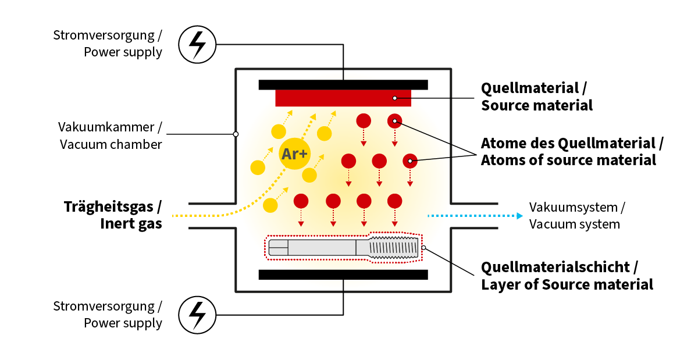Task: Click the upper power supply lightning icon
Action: pyautogui.click(x=198, y=44)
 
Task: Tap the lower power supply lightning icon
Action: pyautogui.click(x=198, y=315)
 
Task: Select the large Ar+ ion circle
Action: pyautogui.click(x=295, y=154)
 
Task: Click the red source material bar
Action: pyautogui.click(x=343, y=98)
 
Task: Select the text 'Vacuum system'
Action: pyautogui.click(x=574, y=224)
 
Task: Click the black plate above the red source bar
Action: pyautogui.click(x=343, y=85)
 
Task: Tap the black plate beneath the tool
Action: pyautogui.click(x=343, y=275)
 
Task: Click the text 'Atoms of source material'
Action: pyautogui.click(x=568, y=160)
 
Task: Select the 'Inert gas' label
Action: pyautogui.click(x=131, y=223)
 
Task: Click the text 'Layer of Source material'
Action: pyautogui.click(x=567, y=284)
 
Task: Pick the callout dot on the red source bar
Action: pyautogui.click(x=394, y=98)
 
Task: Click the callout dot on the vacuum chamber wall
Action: pyautogui.click(x=236, y=134)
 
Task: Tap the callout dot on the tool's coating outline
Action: pyautogui.click(x=424, y=248)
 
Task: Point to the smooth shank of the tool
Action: pyautogui.click(x=320, y=248)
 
